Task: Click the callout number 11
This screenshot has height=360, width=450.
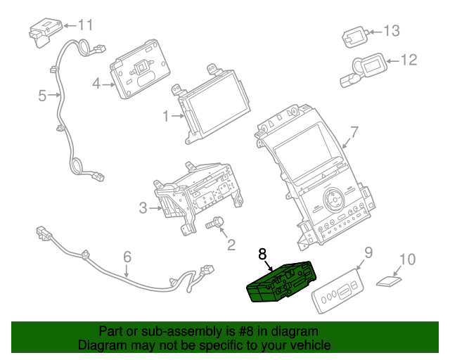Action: click(x=84, y=25)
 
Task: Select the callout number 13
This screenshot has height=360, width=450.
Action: click(x=391, y=31)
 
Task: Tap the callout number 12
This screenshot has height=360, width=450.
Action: click(x=409, y=60)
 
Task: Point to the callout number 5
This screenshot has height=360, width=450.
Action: click(x=42, y=94)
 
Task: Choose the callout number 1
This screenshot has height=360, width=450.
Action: click(x=166, y=117)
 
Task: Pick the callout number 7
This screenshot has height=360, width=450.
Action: click(x=354, y=131)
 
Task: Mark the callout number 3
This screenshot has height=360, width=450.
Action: click(x=143, y=207)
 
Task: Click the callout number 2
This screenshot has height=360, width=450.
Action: click(x=230, y=245)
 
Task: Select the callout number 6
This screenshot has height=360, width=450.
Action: click(x=127, y=257)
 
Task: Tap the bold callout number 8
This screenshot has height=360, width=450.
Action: click(x=263, y=255)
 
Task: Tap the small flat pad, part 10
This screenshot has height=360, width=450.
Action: click(x=387, y=283)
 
